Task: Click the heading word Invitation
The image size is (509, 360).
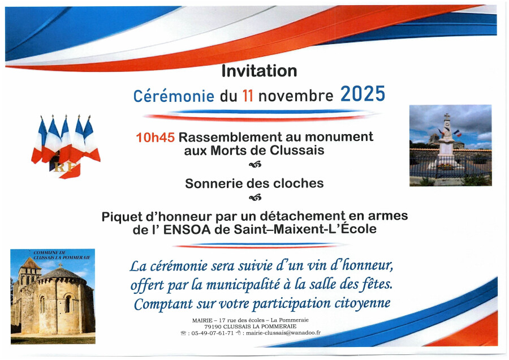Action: pos(259,71)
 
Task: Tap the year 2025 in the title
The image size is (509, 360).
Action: pos(363,94)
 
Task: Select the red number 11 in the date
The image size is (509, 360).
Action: pos(248,96)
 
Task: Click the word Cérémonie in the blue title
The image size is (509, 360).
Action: pos(174,96)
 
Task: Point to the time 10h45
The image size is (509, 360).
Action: pos(155,138)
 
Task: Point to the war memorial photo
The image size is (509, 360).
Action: pos(451,145)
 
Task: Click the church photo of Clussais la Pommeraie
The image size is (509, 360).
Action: pos(53,296)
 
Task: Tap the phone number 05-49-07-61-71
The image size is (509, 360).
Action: pos(213,333)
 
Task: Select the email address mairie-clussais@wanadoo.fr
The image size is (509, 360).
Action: pos(283,333)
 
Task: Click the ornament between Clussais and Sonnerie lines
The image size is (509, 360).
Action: pos(255,165)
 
